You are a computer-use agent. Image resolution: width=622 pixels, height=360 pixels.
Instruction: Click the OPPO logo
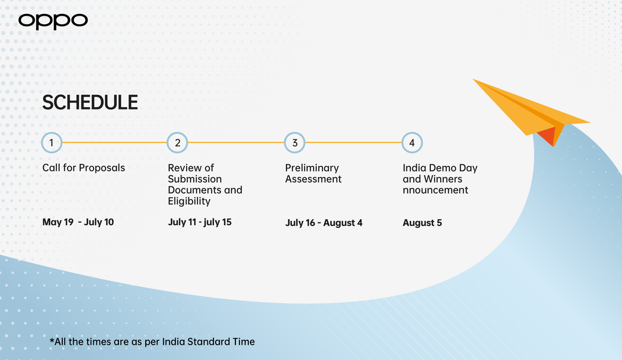pos(53,21)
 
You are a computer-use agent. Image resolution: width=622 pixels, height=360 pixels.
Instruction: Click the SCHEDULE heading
pos(90,103)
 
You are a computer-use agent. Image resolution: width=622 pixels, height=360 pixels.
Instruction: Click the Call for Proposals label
pos(83,168)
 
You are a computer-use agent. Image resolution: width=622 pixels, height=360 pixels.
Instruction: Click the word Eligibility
pos(189,201)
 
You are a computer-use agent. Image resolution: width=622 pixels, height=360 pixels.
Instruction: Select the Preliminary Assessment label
pos(313,174)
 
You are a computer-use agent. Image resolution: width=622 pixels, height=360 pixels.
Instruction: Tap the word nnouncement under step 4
pos(435,190)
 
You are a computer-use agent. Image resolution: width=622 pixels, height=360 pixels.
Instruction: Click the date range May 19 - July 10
pos(78,222)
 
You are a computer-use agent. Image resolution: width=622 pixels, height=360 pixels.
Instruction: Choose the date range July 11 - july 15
pos(200,222)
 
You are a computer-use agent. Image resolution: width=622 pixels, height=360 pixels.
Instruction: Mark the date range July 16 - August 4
pos(324,223)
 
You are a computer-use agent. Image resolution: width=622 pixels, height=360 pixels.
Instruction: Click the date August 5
pos(422,223)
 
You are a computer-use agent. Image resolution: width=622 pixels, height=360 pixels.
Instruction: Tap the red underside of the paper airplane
pos(547,135)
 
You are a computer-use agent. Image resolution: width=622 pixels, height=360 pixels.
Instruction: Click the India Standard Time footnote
pos(152,342)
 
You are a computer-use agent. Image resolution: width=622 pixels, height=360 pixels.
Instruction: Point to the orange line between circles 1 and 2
pos(115,142)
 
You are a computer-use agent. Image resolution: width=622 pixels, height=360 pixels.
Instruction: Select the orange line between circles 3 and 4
pos(354,142)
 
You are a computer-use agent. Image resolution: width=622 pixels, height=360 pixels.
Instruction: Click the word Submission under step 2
pos(195,179)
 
